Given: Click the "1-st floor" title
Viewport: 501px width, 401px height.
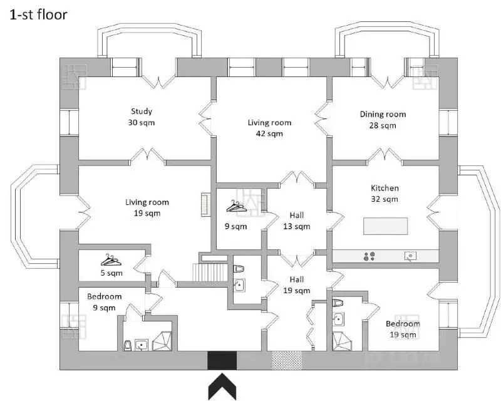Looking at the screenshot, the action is click(x=38, y=14).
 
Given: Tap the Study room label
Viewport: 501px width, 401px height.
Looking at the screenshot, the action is click(x=142, y=112).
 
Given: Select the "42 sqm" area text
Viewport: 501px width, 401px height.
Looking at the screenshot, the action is click(x=269, y=133).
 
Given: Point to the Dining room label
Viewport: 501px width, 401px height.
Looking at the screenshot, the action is click(x=383, y=114).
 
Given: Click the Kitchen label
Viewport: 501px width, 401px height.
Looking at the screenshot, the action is click(x=385, y=188).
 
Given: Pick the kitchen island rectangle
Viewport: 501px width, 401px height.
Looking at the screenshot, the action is click(x=385, y=226).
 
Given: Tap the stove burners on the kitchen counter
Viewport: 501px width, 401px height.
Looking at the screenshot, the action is click(x=369, y=256).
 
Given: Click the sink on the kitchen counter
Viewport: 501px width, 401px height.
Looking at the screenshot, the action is click(x=410, y=256).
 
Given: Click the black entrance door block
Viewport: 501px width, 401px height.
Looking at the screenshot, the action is click(x=222, y=360).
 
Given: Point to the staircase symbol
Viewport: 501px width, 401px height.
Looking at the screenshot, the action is click(x=210, y=273).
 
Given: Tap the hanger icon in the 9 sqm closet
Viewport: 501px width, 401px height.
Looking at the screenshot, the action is click(x=237, y=206).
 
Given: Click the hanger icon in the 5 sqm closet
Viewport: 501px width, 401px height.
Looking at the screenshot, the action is click(x=111, y=260).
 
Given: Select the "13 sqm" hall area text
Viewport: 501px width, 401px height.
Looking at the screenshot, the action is click(x=296, y=226).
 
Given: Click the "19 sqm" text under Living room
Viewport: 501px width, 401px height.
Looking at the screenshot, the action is click(x=147, y=213).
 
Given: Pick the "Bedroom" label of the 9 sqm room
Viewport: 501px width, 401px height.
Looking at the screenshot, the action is click(x=105, y=296).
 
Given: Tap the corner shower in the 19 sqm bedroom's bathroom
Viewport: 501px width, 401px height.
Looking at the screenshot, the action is click(x=342, y=341).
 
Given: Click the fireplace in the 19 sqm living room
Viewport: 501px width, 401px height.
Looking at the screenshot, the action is click(x=205, y=205).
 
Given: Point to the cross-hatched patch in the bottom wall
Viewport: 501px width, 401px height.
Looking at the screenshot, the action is click(x=287, y=360).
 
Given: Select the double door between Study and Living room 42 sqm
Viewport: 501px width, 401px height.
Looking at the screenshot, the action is click(x=205, y=119).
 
